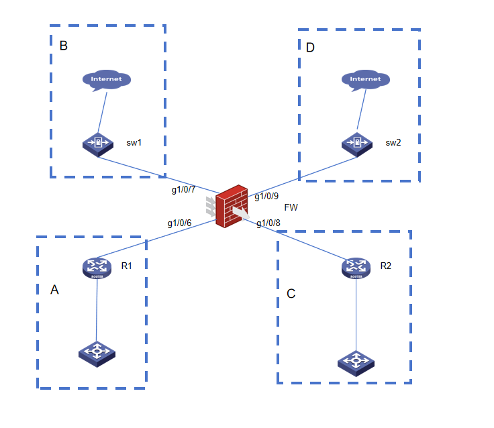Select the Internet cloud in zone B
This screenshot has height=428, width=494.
click(107, 79)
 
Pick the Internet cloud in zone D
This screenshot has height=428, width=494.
click(365, 79)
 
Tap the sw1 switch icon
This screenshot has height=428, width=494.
click(98, 144)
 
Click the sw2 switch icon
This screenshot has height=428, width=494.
click(357, 144)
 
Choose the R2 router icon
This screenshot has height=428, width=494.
click(356, 267)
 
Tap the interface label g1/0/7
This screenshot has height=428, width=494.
click(183, 189)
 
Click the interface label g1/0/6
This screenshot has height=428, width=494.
click(179, 223)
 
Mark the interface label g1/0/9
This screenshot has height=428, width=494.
click(266, 197)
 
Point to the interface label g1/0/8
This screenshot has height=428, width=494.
click(268, 223)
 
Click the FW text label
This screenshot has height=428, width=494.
click(291, 208)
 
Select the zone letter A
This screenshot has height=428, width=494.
click(55, 290)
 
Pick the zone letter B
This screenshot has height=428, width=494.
click(64, 46)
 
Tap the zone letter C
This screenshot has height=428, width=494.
click(291, 294)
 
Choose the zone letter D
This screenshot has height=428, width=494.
click(310, 48)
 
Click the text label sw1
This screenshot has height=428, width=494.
click(134, 143)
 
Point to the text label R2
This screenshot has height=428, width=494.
click(385, 266)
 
